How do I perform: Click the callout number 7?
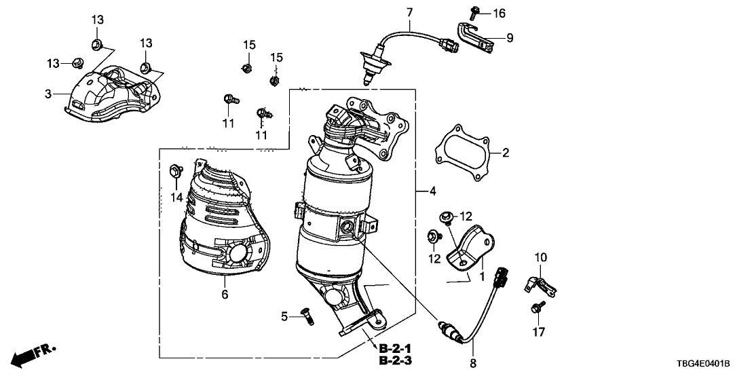click(x=409, y=12)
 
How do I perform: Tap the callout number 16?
click(x=499, y=13)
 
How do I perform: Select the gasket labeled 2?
click(x=461, y=153)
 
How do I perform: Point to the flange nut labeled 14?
click(x=174, y=170)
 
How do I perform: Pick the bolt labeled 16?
click(x=474, y=12)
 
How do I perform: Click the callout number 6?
click(x=224, y=295)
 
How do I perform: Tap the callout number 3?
click(x=48, y=94)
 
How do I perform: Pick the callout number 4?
click(x=433, y=192)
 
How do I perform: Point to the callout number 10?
click(x=540, y=257)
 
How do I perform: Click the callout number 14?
click(x=177, y=198)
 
